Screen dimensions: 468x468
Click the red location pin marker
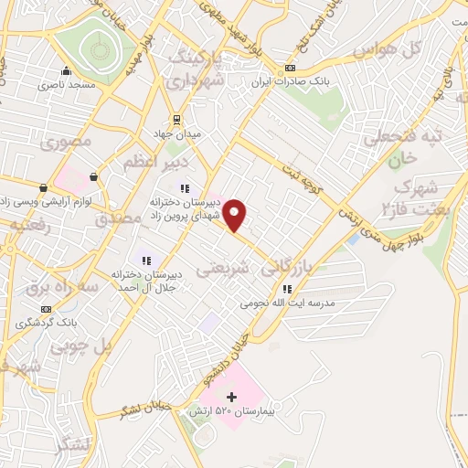(x=235, y=214)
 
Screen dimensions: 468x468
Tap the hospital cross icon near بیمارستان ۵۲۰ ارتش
(x=231, y=397)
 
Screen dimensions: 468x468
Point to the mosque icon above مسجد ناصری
(x=65, y=71)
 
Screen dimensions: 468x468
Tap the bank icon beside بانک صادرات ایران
(x=291, y=68)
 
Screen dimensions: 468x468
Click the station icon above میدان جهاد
(x=177, y=118)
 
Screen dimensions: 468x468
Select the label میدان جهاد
(x=179, y=133)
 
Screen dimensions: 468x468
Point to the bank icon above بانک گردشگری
(x=46, y=309)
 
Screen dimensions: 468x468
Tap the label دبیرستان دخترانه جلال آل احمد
(x=150, y=280)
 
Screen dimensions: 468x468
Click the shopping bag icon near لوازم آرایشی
(x=93, y=176)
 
